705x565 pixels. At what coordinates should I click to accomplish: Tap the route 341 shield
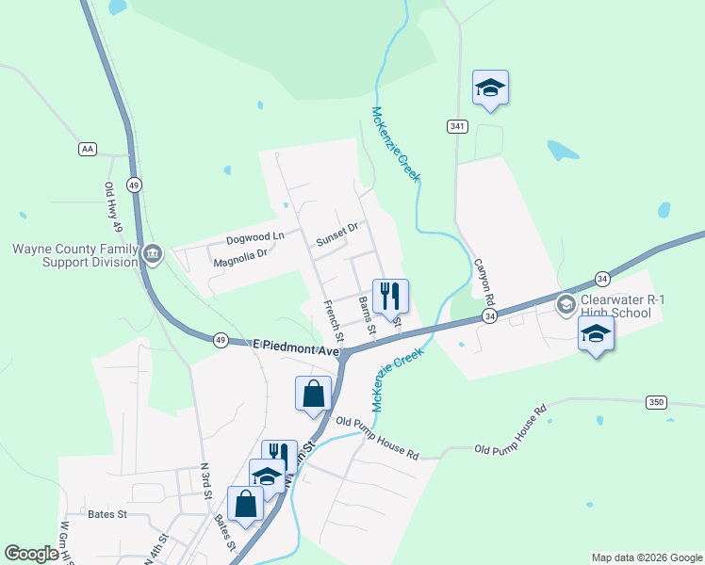(458, 126)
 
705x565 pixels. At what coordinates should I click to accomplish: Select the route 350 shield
(657, 402)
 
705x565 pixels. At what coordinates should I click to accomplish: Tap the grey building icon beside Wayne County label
(153, 254)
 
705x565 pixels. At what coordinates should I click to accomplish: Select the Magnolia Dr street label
(241, 255)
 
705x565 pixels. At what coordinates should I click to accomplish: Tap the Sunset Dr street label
(337, 233)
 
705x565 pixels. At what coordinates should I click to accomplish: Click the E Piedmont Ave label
(295, 348)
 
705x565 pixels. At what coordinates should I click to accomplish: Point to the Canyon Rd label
(484, 281)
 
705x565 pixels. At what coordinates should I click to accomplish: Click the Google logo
(32, 554)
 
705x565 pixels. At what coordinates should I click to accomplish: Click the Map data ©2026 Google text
(646, 557)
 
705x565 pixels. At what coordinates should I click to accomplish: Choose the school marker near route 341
(490, 89)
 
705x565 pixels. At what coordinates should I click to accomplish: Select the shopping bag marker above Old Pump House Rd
(313, 394)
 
